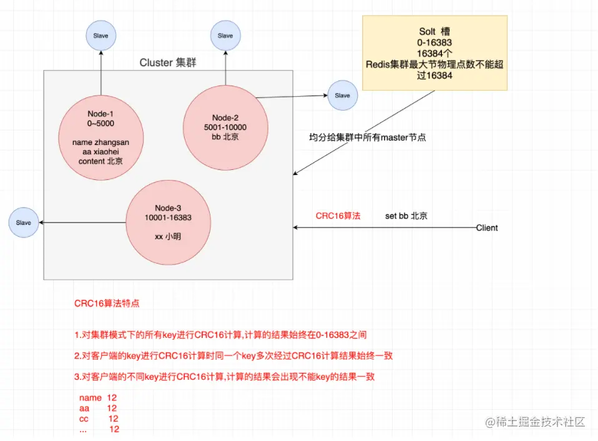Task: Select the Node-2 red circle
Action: [225, 127]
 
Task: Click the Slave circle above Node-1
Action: [100, 36]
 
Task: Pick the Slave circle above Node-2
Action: [225, 36]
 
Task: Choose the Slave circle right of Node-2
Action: [342, 96]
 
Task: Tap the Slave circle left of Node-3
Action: [23, 222]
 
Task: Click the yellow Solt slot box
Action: [435, 53]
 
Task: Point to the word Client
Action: [487, 228]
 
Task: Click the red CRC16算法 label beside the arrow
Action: [338, 216]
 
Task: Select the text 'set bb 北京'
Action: [406, 216]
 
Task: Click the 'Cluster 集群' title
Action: [168, 62]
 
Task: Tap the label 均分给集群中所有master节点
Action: [367, 137]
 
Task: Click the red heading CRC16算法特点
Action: [107, 304]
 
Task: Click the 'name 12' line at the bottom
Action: [98, 397]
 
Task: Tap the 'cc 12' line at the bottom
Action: [99, 418]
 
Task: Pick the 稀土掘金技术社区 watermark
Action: [536, 422]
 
